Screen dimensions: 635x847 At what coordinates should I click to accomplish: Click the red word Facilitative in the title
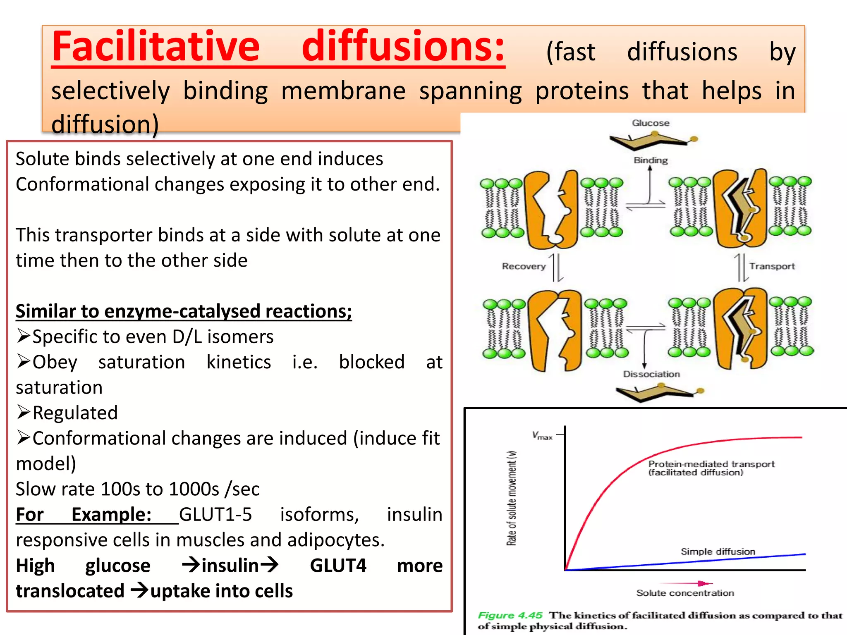point(156,46)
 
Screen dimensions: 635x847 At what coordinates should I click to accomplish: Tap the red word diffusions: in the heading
point(403,46)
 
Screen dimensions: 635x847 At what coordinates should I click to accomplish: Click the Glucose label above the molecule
point(651,123)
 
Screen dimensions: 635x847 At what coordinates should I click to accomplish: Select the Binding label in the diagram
point(651,160)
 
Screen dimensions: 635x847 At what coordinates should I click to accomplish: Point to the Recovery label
point(524,266)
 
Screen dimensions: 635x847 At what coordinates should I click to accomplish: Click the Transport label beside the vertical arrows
point(772,266)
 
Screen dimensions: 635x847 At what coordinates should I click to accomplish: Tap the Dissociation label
point(651,374)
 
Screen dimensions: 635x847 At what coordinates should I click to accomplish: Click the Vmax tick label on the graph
point(542,435)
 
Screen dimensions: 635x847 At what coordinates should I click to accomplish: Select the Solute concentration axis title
point(685,593)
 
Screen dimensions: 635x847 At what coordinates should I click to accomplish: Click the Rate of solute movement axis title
point(512,498)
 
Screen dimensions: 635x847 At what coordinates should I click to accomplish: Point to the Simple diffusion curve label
point(718,551)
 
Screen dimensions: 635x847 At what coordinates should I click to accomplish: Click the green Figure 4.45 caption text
point(510,615)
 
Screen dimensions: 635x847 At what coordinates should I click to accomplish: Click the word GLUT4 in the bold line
point(338,566)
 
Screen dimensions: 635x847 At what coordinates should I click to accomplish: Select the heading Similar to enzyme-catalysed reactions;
point(184,311)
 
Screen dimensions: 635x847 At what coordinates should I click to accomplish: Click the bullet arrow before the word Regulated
point(24,412)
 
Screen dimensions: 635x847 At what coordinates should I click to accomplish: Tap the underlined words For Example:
point(84,515)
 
